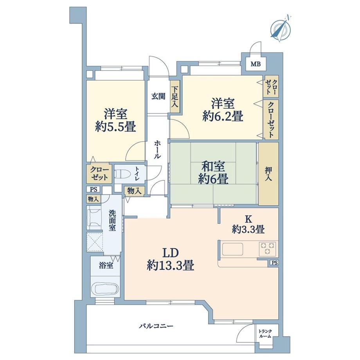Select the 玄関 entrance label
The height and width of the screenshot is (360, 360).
(158, 96)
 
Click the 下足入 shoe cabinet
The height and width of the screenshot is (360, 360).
(175, 99)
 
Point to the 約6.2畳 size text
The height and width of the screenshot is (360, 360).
(223, 116)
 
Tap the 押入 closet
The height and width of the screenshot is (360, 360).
(268, 173)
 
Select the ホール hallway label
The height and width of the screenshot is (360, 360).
(157, 149)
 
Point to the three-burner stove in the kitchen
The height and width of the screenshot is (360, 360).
(267, 248)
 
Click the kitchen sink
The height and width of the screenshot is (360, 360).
(233, 249)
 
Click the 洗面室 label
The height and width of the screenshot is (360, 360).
(112, 221)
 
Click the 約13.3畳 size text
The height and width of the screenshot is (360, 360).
(171, 266)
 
